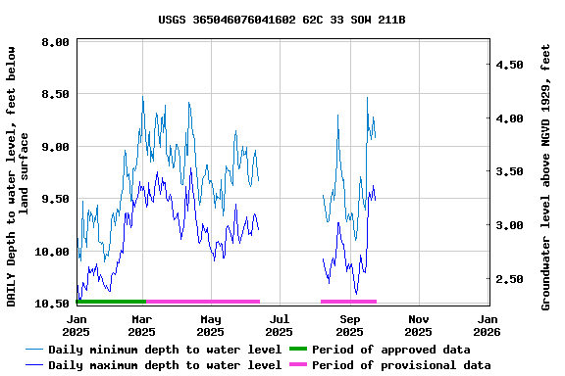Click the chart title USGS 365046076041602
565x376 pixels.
tap(282, 20)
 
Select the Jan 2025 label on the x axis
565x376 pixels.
tap(77, 325)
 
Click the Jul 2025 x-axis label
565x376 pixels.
tap(280, 325)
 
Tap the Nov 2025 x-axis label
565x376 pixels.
tap(419, 325)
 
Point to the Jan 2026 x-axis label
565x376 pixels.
tap(488, 325)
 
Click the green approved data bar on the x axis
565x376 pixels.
tap(111, 302)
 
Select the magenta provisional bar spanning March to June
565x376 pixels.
tap(203, 302)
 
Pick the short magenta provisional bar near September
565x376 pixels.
tap(348, 302)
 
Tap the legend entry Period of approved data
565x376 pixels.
tap(390, 350)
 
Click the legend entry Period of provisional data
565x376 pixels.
tap(401, 365)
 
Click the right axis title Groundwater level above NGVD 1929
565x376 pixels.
tap(546, 176)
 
